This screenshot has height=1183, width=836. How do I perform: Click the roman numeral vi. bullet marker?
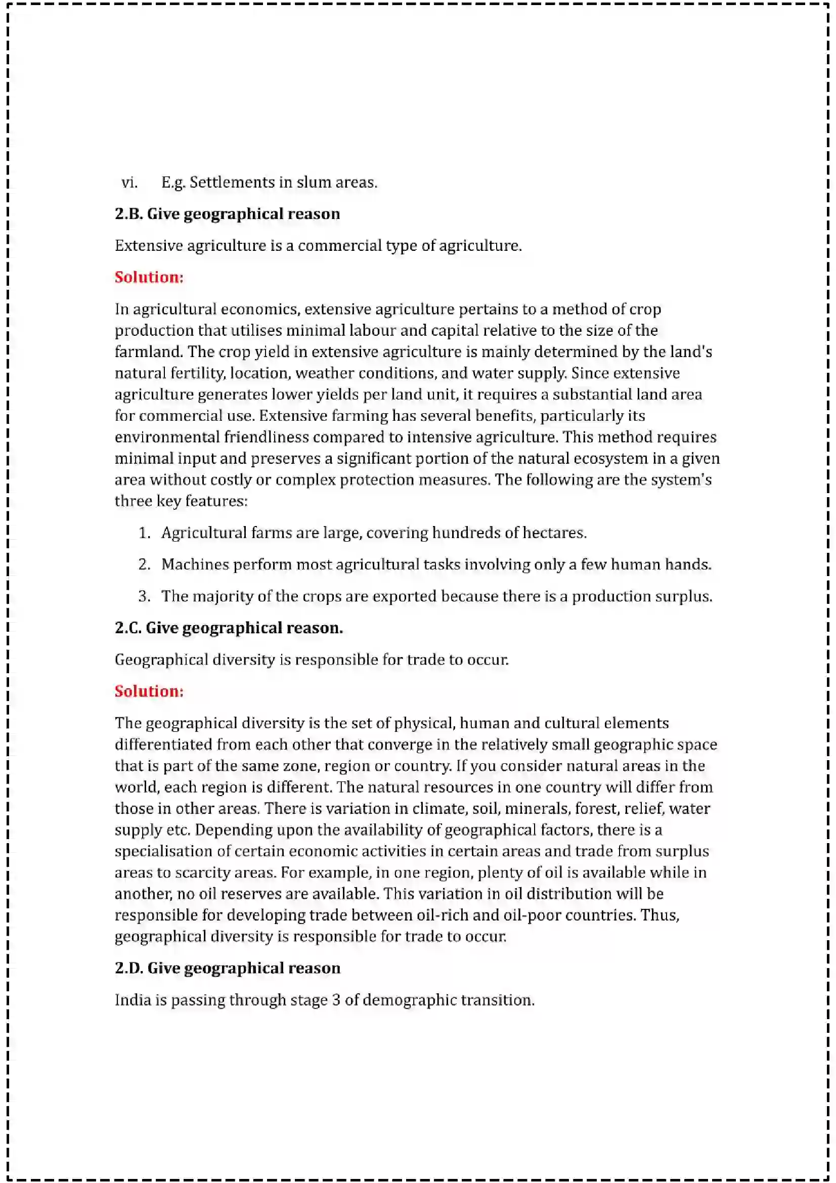[x=129, y=183]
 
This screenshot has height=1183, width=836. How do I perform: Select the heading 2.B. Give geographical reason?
[x=227, y=214]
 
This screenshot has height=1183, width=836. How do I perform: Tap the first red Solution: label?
[x=149, y=277]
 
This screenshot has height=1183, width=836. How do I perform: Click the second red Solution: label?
[x=149, y=691]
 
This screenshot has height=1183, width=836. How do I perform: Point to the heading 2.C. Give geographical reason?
[x=229, y=628]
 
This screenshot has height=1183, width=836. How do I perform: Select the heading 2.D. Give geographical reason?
[x=227, y=968]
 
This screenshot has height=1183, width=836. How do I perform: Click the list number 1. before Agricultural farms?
[x=144, y=533]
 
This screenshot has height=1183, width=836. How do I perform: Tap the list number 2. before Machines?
[x=144, y=564]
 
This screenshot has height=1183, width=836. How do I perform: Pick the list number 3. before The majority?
[x=144, y=596]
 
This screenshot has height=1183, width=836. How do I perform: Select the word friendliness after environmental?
[x=266, y=437]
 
